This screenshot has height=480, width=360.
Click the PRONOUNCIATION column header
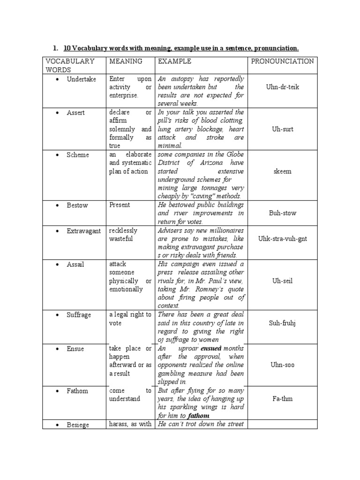282,61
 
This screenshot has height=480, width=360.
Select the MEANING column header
126,61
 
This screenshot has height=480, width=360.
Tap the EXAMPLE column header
174,61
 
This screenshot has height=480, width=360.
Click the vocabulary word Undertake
81,79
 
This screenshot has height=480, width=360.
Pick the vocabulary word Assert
75,113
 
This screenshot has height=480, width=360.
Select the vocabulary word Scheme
77,155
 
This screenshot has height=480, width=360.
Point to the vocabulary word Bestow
77,205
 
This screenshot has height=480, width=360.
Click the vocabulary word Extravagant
83,231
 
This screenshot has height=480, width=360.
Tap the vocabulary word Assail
75,264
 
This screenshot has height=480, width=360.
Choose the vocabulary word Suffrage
79,315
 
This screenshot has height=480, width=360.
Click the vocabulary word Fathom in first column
77,391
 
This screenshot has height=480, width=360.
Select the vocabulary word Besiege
78,425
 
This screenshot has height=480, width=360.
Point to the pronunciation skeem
282,171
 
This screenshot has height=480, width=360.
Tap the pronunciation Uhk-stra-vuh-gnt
282,239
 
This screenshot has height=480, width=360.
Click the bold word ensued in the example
211,348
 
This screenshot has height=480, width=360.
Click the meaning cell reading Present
120,205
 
